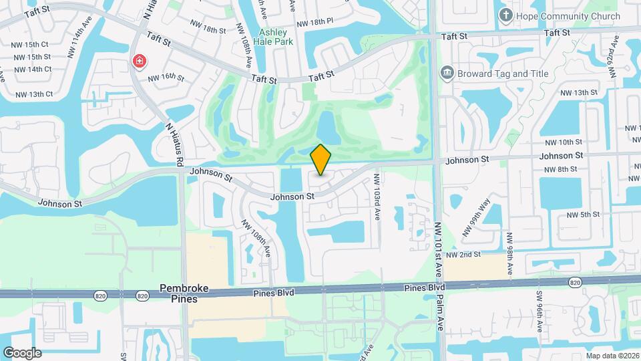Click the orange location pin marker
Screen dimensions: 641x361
tap(321, 160)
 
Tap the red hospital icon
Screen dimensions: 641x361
tap(139, 62)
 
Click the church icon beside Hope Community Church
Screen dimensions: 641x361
tap(506, 15)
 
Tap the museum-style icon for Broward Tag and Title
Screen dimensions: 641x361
tap(447, 72)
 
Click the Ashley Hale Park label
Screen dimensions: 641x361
tap(273, 37)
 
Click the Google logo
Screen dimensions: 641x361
tap(21, 352)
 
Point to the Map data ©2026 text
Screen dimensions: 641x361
tap(612, 356)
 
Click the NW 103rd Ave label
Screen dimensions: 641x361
tap(377, 198)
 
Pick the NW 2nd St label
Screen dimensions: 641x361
tap(464, 255)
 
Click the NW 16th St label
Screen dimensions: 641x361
tap(166, 78)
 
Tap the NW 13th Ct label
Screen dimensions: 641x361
tap(32, 94)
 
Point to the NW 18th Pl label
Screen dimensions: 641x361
tap(314, 23)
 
